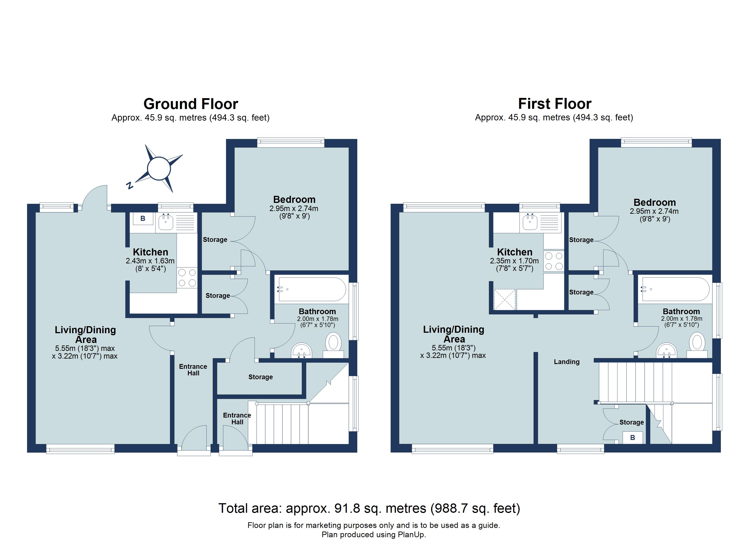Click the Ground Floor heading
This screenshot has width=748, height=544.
pos(191,104)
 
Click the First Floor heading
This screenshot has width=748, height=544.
pos(554,104)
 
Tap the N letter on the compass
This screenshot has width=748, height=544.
pos(130,185)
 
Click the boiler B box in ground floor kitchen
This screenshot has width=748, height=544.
pos(143,218)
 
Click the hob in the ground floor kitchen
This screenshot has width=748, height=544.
pos(187,277)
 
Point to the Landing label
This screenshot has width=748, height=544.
pos(566,362)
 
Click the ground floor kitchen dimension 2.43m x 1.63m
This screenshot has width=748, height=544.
pos(150,261)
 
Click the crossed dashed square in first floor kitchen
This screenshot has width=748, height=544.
pos(504,299)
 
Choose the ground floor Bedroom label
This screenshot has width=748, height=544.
pos(294,200)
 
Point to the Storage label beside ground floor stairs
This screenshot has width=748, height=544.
pos(260,377)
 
